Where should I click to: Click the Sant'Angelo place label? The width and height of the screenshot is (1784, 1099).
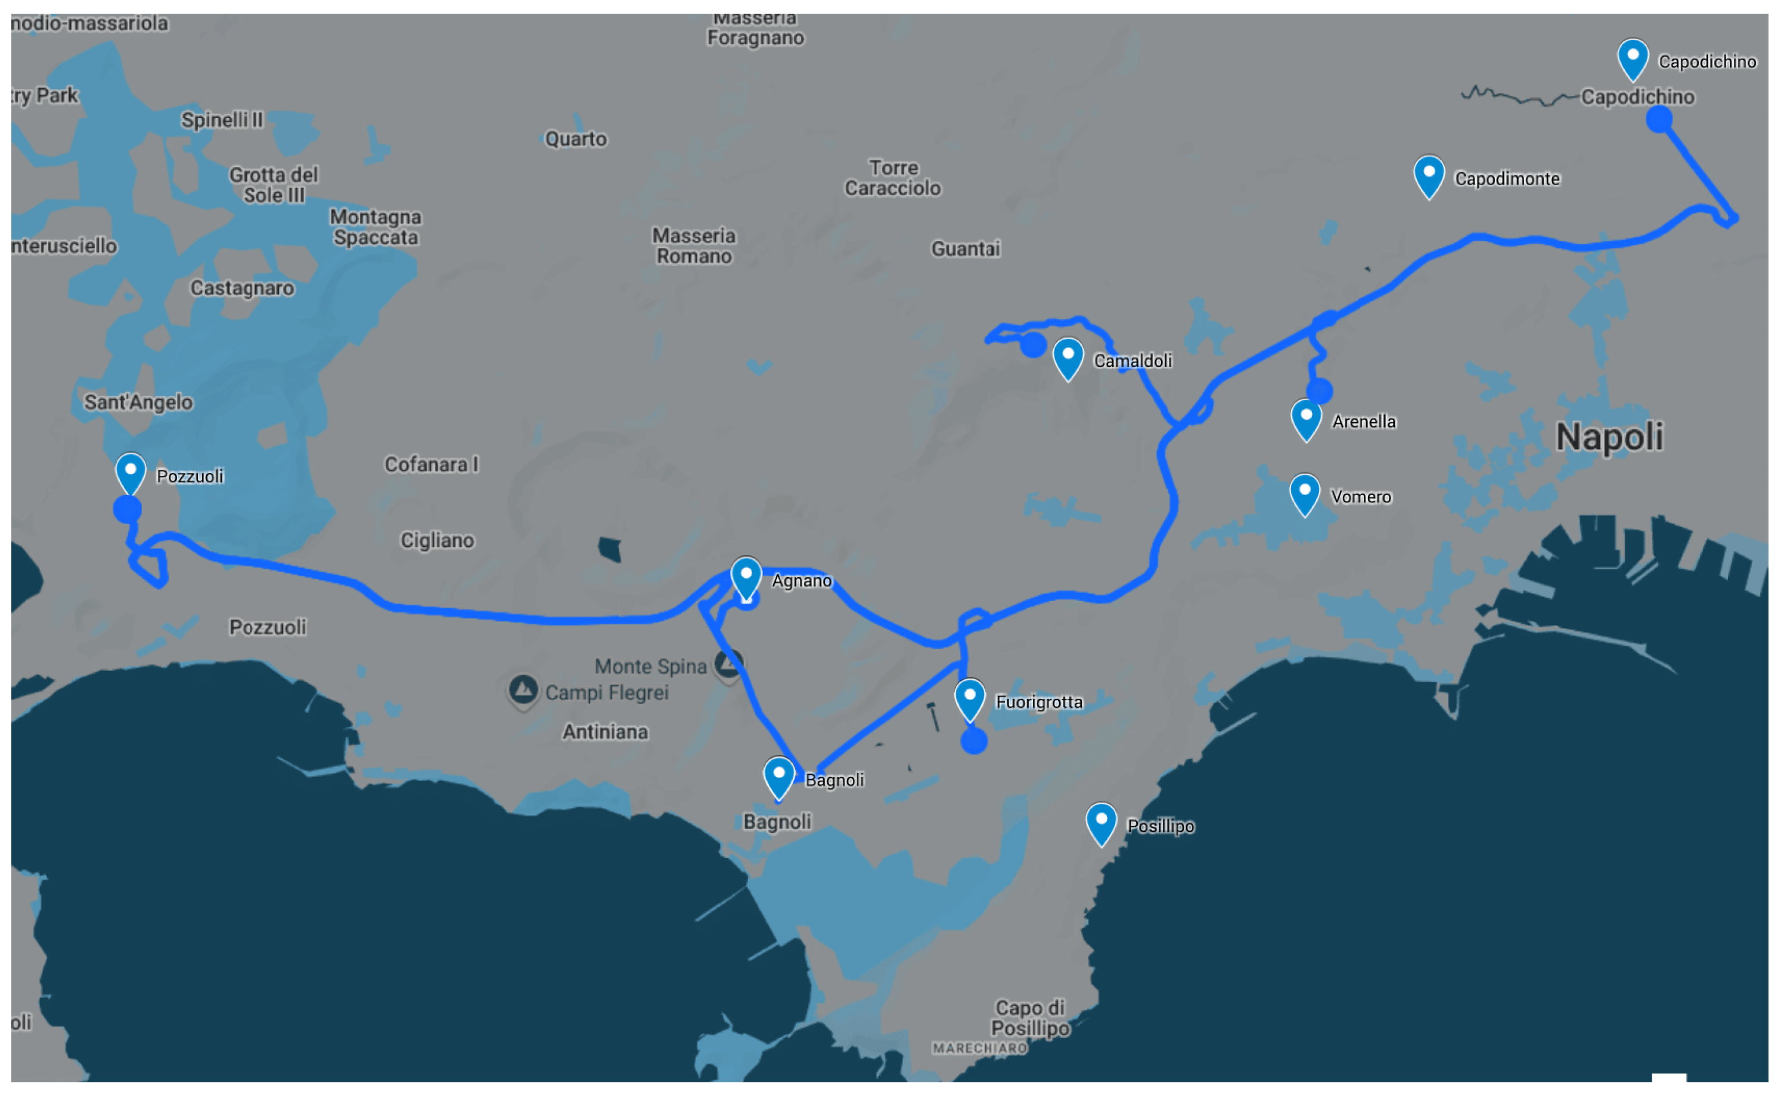(138, 402)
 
